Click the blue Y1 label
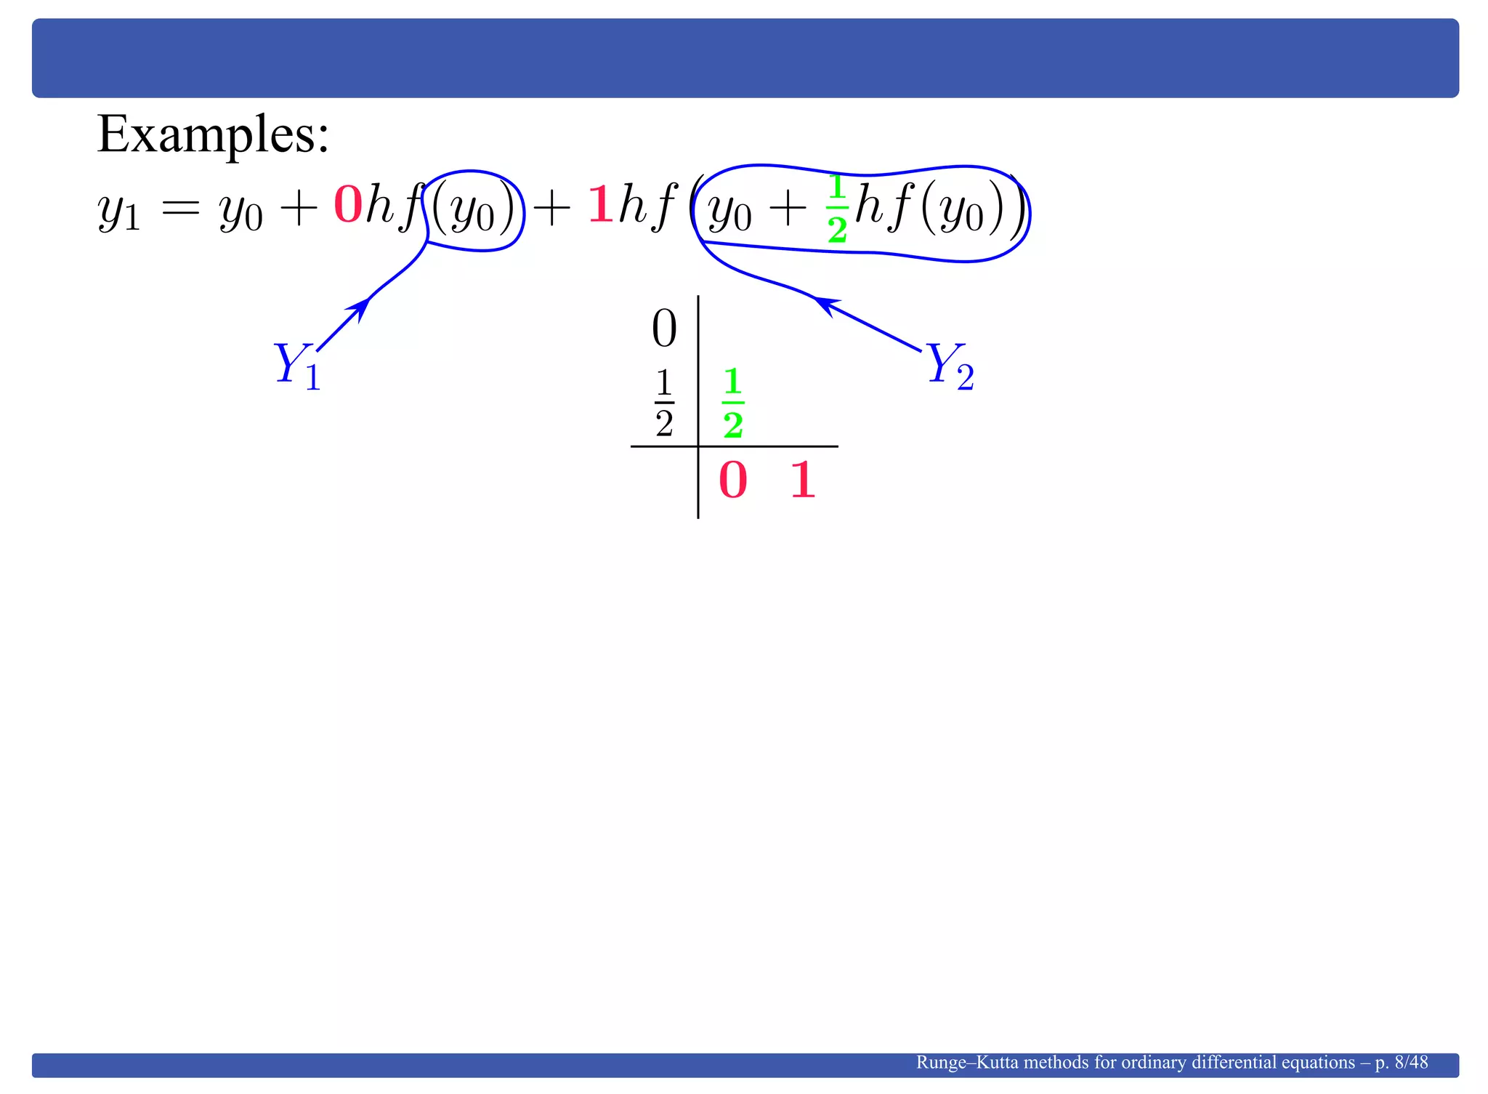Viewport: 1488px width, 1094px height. (297, 366)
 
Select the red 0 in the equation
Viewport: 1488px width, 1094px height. (348, 205)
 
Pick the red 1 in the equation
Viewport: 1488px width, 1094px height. (600, 205)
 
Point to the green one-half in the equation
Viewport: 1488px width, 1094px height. (837, 209)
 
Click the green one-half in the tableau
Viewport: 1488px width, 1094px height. (733, 403)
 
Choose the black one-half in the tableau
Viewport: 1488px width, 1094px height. (664, 403)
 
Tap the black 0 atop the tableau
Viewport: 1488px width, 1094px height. (664, 329)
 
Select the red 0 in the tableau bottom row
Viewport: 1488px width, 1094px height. (732, 480)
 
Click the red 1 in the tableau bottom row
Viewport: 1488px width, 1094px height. (803, 480)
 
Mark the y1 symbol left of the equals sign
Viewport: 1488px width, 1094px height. (118, 212)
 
